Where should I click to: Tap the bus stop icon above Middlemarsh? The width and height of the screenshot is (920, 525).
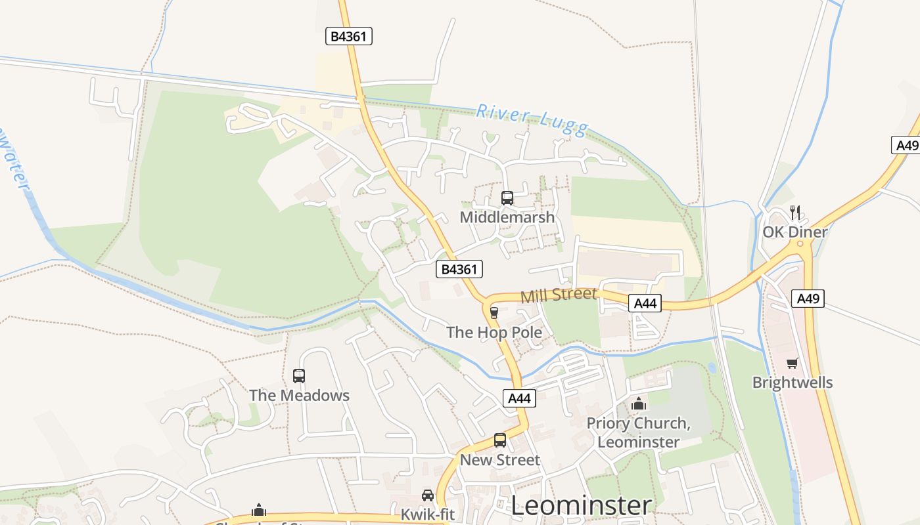(507, 198)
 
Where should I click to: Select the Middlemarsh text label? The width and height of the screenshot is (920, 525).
(507, 217)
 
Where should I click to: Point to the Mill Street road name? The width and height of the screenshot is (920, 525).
(559, 295)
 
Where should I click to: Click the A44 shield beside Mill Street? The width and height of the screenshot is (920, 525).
(645, 303)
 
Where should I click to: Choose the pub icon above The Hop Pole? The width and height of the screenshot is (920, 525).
(494, 313)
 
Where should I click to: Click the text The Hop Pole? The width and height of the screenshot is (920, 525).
(494, 333)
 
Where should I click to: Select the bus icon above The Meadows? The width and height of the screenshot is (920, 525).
(299, 376)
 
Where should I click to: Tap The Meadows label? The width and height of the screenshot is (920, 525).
(299, 396)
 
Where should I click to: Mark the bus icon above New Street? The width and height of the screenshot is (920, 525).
(500, 440)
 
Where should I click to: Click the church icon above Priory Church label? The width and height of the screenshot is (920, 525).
(638, 404)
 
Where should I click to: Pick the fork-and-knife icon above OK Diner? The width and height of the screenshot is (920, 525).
(795, 212)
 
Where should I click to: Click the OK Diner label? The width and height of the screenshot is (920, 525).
(795, 232)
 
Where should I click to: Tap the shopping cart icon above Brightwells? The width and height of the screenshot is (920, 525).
(793, 363)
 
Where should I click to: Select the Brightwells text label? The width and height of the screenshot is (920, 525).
(793, 383)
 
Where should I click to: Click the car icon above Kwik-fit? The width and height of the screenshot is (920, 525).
(428, 495)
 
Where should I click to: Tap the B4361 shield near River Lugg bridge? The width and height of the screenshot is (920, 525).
(349, 37)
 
